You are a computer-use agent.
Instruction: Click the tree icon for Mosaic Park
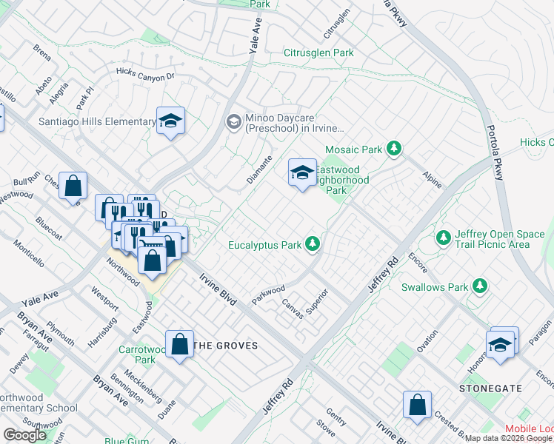tap(395, 149)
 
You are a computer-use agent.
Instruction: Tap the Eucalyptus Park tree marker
tap(313, 243)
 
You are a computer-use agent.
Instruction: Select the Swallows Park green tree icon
tap(480, 286)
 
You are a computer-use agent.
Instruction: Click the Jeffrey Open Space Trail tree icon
tap(444, 238)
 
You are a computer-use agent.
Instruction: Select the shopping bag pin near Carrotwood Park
tap(180, 344)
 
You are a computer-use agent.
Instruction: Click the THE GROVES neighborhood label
tap(225, 346)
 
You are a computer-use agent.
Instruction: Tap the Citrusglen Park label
tap(318, 53)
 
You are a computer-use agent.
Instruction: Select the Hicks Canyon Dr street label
tap(144, 73)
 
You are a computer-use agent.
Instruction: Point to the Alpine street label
tap(432, 178)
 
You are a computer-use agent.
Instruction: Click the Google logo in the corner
tap(25, 434)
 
